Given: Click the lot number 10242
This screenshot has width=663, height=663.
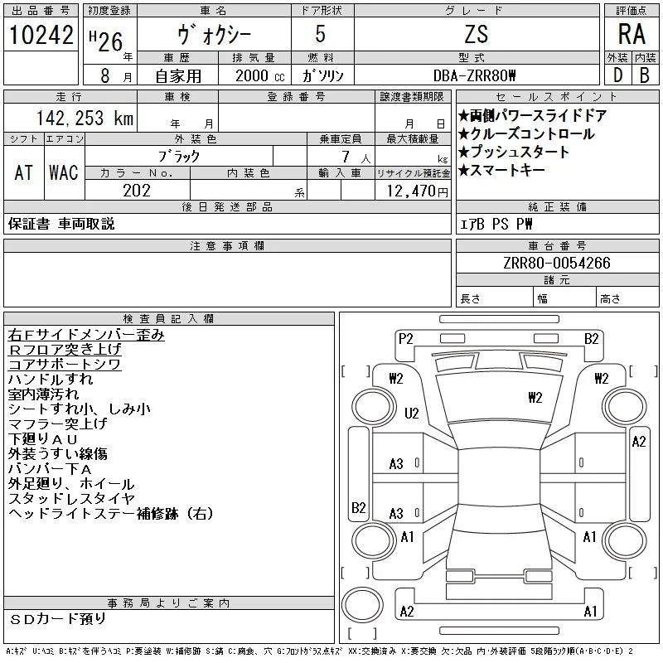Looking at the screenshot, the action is pyautogui.click(x=41, y=35).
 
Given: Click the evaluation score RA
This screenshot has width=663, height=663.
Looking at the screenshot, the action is pyautogui.click(x=632, y=34).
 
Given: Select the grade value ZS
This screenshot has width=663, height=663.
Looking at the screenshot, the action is pyautogui.click(x=477, y=34).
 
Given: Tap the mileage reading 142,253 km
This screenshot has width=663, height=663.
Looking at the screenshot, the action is pyautogui.click(x=85, y=118).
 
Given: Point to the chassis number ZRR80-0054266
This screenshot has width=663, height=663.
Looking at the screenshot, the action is pyautogui.click(x=557, y=263).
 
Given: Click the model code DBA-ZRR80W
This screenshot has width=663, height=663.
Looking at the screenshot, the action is pyautogui.click(x=474, y=75).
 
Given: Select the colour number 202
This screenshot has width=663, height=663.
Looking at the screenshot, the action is pyautogui.click(x=137, y=191).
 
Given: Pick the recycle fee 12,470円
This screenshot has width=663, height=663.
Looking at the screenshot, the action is pyautogui.click(x=418, y=191).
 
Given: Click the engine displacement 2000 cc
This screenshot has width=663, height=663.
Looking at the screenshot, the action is pyautogui.click(x=260, y=75).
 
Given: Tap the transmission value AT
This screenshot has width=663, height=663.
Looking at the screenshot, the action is pyautogui.click(x=24, y=172).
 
